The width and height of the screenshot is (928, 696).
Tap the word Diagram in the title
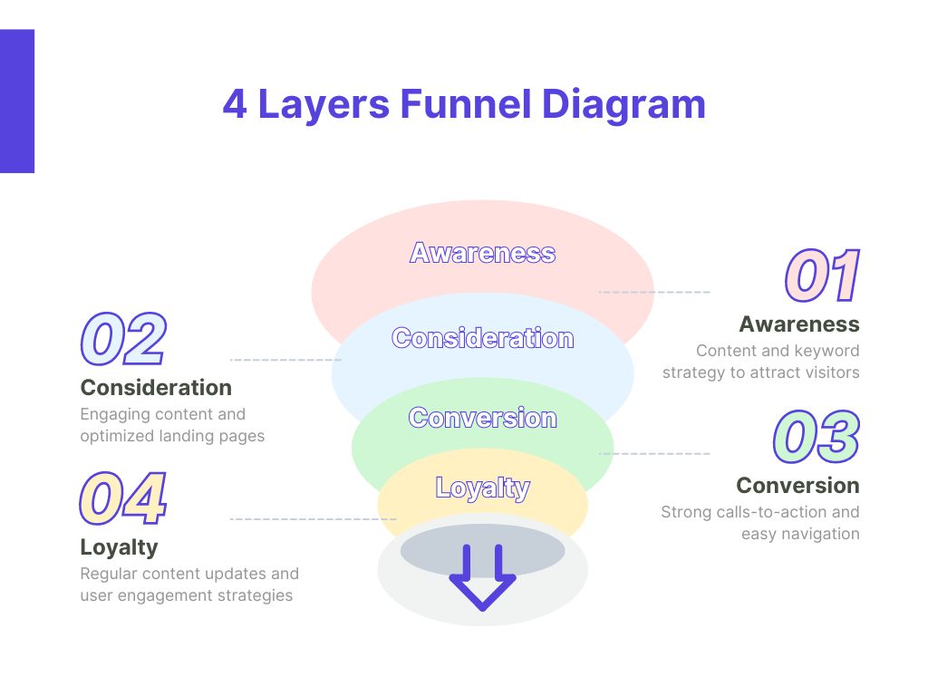point(623,104)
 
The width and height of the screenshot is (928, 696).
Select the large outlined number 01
point(822,276)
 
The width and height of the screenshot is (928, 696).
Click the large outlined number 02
point(123,340)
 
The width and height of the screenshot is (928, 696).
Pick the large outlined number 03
point(817,437)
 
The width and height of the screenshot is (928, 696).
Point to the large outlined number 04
point(123,499)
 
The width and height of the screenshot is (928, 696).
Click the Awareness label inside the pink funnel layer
point(482,253)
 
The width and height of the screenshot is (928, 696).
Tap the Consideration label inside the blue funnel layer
point(482,339)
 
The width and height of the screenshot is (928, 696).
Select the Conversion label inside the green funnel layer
point(482,418)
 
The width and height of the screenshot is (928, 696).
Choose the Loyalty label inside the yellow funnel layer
point(482,488)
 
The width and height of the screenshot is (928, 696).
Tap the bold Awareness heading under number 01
point(798,324)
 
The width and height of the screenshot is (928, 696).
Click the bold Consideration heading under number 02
point(156,388)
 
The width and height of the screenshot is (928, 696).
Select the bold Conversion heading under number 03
point(797,485)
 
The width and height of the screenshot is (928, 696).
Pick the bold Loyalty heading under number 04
point(119,547)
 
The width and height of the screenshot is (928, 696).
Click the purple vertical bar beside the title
point(16,101)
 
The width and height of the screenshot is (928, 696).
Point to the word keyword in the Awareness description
point(826,351)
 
